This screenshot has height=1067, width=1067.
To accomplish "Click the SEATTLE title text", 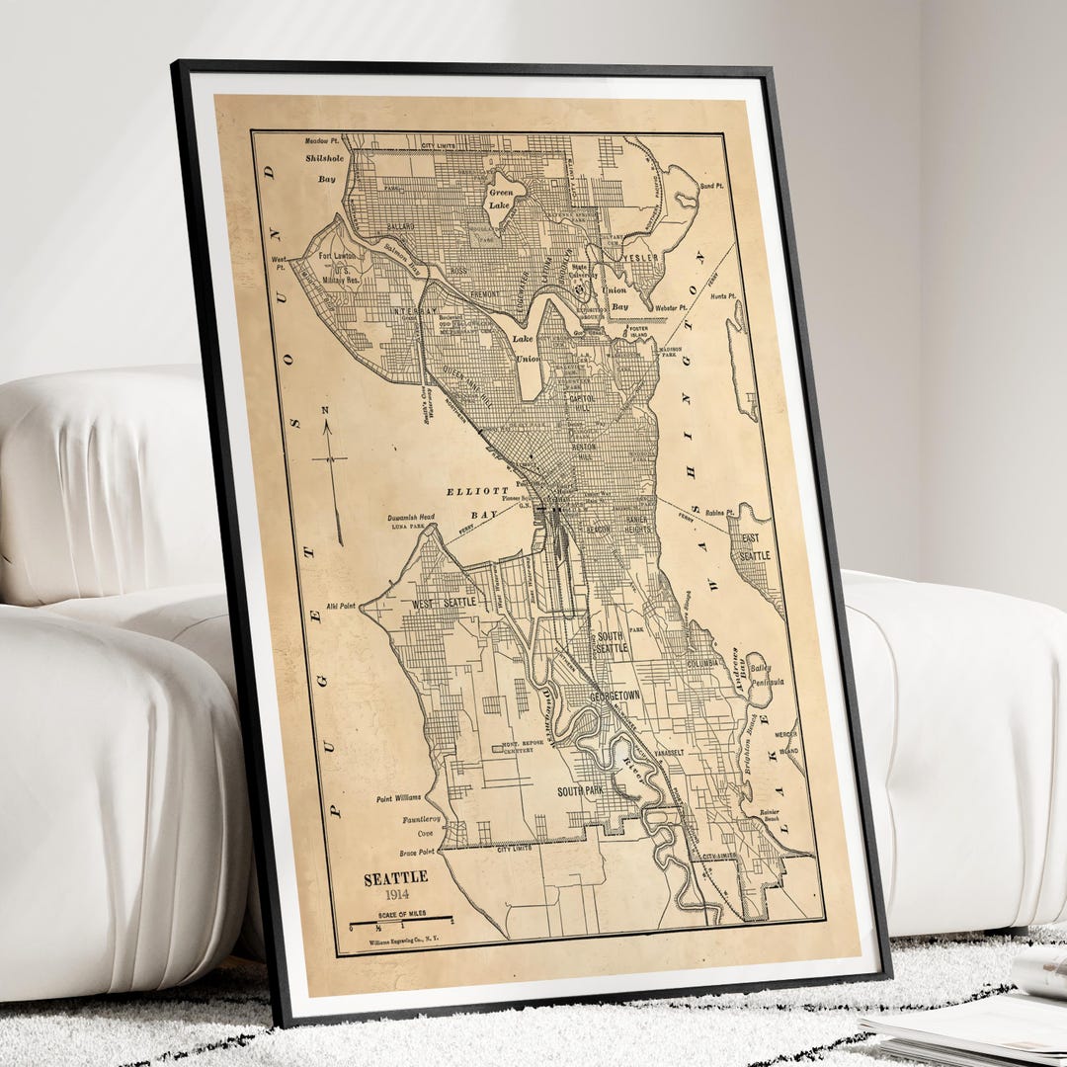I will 395,877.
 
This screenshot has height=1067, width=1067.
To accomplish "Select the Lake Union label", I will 528,349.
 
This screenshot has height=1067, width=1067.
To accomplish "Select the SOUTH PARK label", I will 580,791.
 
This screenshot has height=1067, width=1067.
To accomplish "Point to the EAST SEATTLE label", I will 757,547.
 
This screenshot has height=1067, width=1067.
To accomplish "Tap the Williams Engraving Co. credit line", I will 406,942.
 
